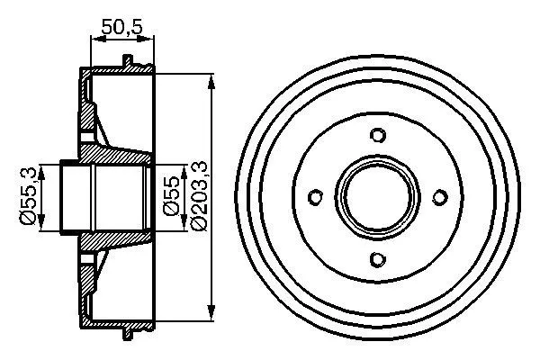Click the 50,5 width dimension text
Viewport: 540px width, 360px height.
pos(123,28)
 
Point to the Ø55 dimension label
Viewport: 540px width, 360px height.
pos(172,196)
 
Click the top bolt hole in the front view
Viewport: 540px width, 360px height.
pos(378,136)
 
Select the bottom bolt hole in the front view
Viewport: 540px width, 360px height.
pos(378,260)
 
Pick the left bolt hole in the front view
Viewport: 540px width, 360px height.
pos(316,198)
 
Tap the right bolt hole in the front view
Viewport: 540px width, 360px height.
pos(440,198)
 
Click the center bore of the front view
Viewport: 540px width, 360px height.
pos(378,198)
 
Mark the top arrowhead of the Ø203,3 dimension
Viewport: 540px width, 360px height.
pos(211,82)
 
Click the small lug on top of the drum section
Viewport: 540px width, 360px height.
pos(128,62)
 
